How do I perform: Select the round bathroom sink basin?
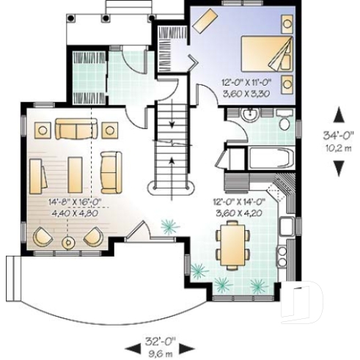(249, 114)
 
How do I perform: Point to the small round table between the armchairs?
(68, 240)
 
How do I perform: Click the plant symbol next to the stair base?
(169, 227)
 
